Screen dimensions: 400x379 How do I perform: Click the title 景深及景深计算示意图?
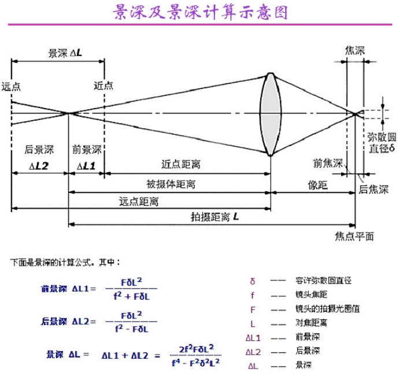click(x=199, y=13)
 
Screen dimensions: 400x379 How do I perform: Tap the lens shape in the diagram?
click(x=271, y=114)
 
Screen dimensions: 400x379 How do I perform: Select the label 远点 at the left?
click(x=11, y=86)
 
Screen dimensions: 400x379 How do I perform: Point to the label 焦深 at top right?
click(x=354, y=51)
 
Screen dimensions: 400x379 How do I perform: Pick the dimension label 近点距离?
click(x=181, y=164)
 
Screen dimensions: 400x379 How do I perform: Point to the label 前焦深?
click(x=328, y=162)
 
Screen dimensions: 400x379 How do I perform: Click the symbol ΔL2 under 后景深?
click(x=39, y=166)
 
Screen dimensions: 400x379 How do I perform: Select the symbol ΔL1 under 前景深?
click(x=87, y=166)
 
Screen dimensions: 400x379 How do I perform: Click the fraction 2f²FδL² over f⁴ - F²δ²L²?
click(x=196, y=355)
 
